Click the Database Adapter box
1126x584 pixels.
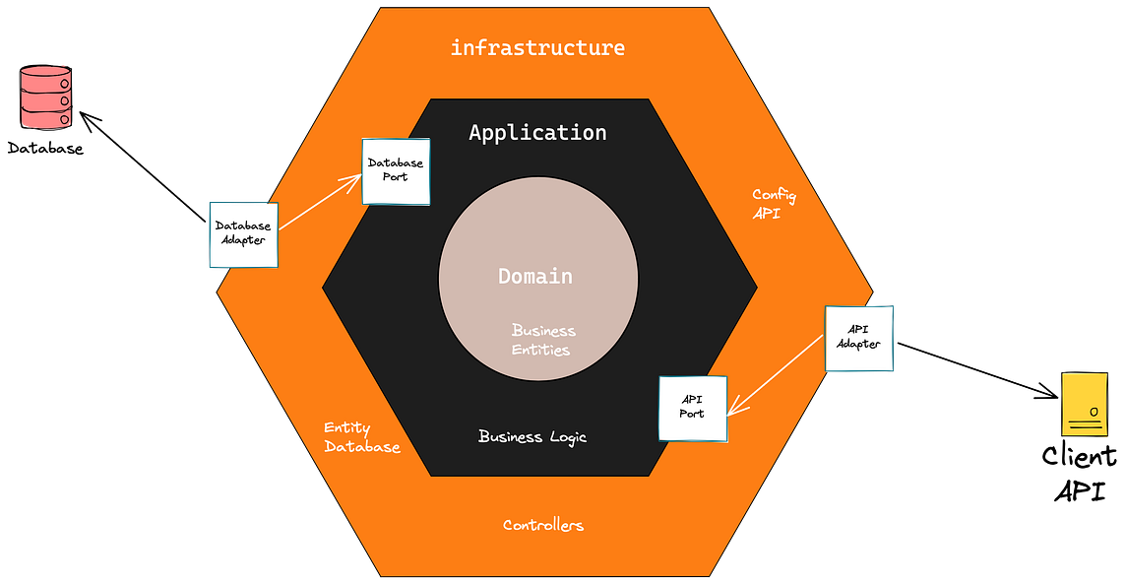coord(242,235)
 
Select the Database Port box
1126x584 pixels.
coord(396,170)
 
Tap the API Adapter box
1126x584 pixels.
coord(858,339)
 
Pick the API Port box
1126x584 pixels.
coord(693,408)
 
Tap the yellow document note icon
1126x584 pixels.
coord(1085,404)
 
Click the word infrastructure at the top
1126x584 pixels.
coord(537,47)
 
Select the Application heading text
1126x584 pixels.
coord(537,132)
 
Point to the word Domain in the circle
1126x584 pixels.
coord(535,276)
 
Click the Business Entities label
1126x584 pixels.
coord(542,340)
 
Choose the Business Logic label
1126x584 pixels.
coord(532,436)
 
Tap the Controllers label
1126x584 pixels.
coord(543,525)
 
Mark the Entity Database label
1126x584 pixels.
coord(361,438)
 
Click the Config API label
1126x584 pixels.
coord(773,204)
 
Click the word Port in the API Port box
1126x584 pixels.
coord(692,414)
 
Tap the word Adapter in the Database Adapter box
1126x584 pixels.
coord(242,241)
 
